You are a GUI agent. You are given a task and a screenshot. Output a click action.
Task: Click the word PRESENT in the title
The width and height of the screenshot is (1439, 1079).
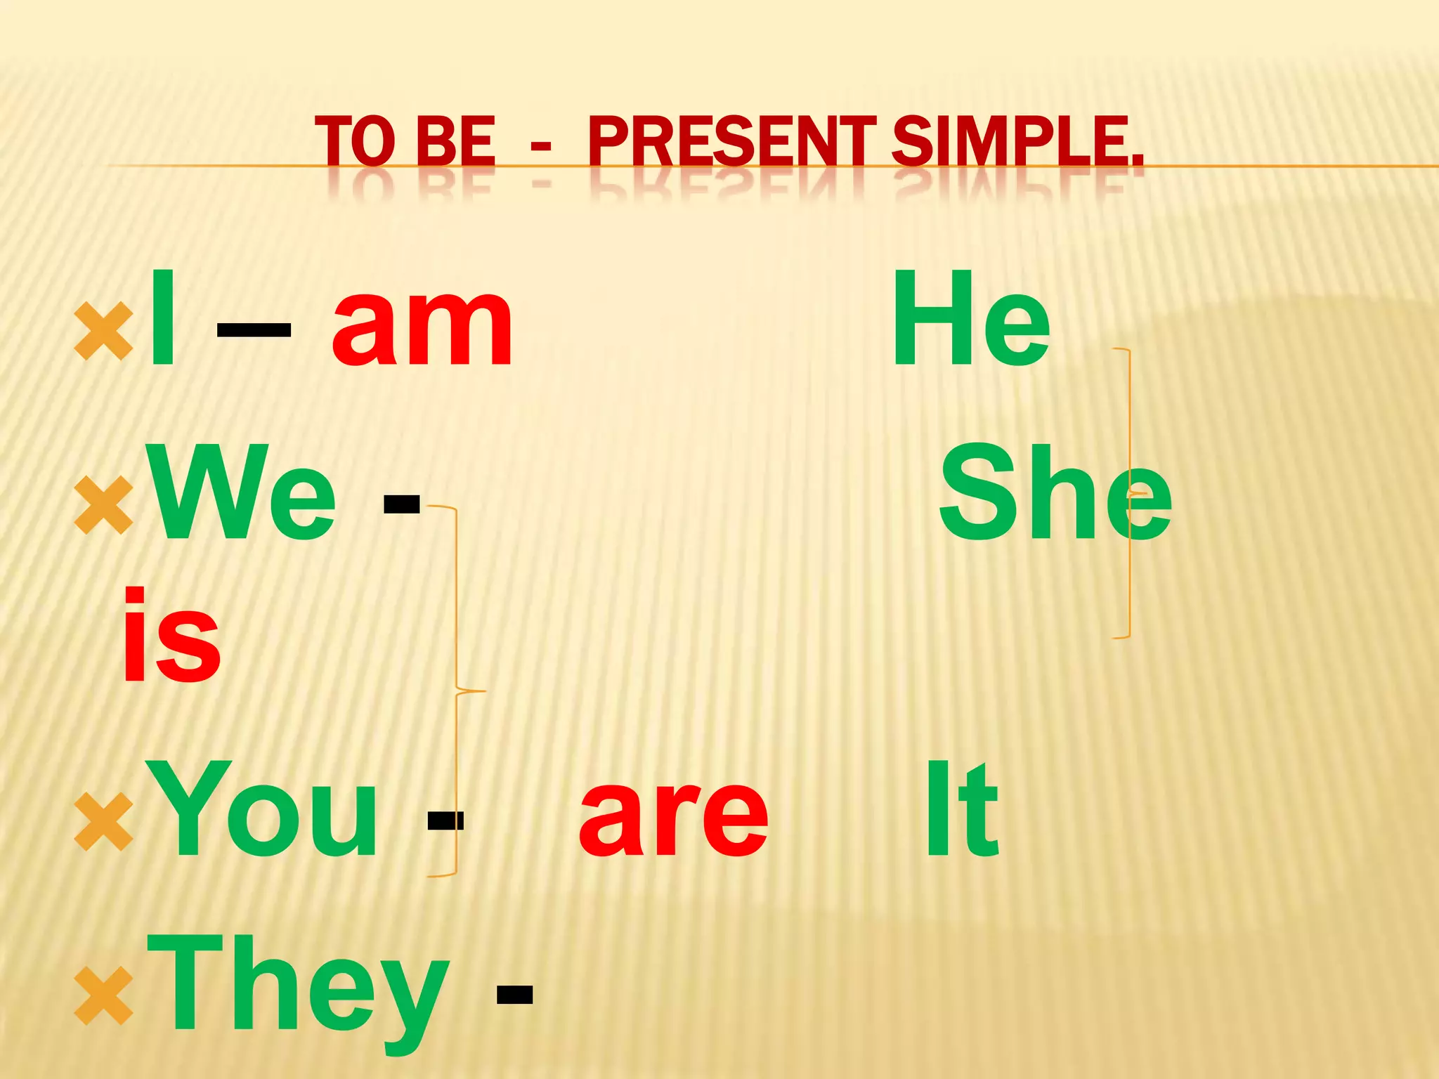coord(734,142)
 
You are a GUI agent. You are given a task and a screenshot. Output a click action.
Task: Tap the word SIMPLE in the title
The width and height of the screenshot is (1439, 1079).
coord(1017,142)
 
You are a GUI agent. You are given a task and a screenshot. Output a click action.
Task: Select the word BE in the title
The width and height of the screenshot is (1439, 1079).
coord(456,142)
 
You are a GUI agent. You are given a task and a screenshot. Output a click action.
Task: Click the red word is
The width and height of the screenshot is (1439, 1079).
coord(171,636)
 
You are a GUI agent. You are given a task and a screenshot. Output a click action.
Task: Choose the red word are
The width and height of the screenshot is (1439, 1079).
coord(673,813)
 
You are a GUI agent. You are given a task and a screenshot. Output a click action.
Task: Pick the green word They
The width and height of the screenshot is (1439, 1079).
coord(298,987)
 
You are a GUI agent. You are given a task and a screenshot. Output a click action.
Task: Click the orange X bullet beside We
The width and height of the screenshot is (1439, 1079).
coord(103,504)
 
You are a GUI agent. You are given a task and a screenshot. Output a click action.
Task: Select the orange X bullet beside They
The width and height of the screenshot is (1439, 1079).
coord(103,995)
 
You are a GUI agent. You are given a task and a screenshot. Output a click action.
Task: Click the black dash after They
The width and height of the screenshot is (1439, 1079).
coord(515,995)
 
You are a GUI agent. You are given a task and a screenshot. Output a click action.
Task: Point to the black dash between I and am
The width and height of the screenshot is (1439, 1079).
coord(254,329)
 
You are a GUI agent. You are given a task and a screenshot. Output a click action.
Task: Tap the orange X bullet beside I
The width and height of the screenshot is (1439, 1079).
coord(103,330)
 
